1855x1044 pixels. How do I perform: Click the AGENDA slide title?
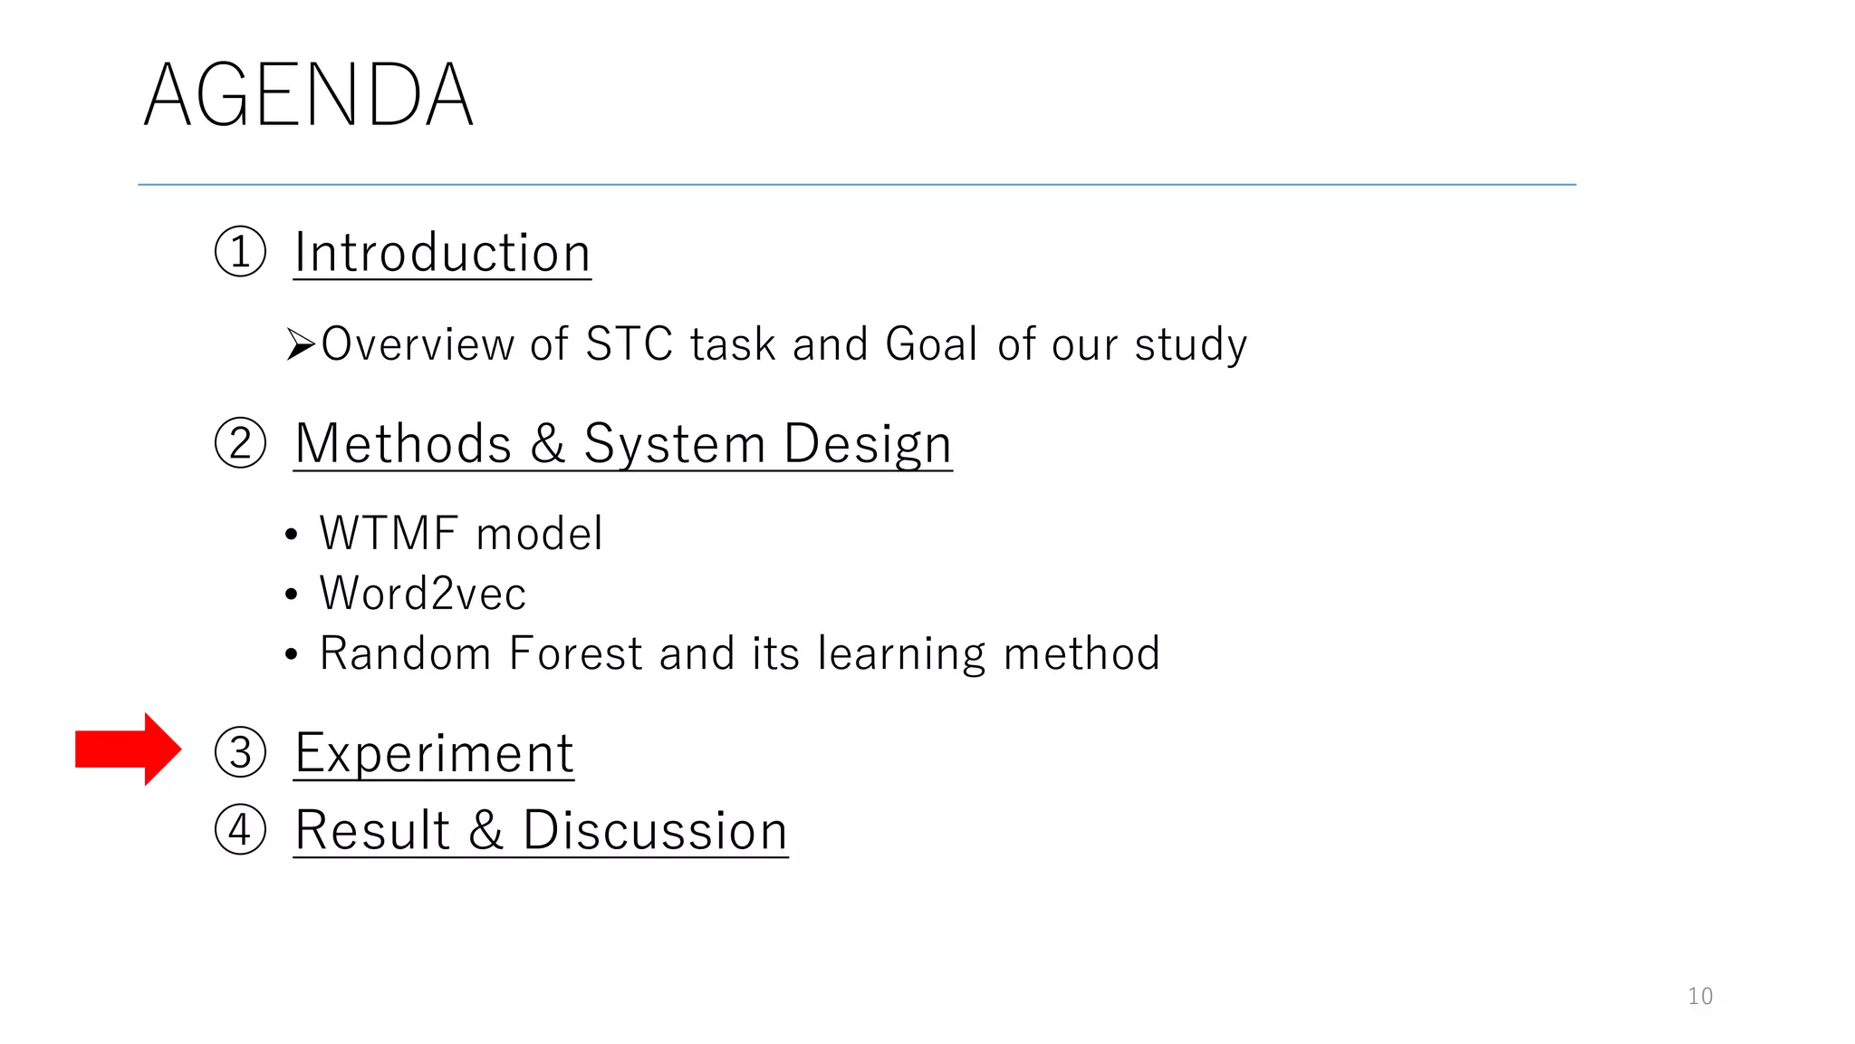308,95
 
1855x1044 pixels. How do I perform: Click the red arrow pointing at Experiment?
127,749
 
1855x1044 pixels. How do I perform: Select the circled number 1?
240,252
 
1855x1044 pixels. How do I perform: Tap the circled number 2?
240,443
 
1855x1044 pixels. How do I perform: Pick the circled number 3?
240,752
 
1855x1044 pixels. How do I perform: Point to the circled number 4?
240,829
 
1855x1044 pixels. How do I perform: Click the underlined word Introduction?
442,253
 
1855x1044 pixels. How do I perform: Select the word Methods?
403,444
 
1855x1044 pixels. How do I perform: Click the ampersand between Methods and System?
547,444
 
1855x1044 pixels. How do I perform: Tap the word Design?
867,444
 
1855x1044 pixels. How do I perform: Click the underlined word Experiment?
434,753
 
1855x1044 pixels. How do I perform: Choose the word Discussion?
655,830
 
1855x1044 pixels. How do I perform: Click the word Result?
372,830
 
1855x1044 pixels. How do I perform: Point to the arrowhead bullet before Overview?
300,345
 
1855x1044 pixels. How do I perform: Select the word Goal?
931,344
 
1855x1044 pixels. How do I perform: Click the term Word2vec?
422,594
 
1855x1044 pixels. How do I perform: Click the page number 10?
1700,996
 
